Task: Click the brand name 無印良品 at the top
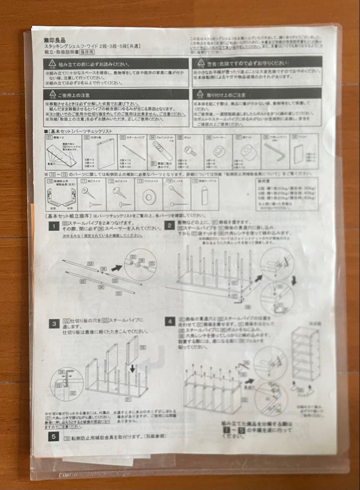tap(54, 40)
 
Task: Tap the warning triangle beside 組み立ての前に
tap(54, 64)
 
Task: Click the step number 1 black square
tap(54, 225)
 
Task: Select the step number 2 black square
tap(169, 225)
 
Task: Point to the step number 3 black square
tap(54, 323)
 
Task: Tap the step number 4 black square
tap(169, 321)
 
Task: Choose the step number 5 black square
tap(54, 437)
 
